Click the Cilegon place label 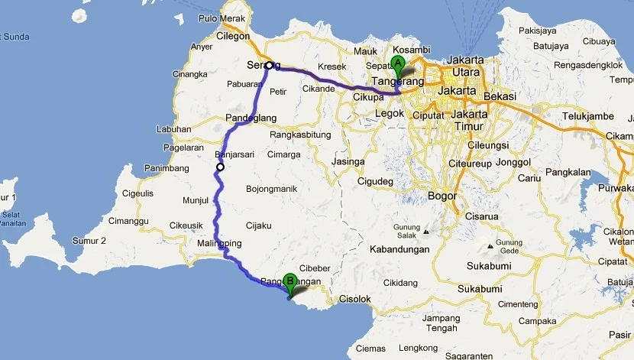point(232,36)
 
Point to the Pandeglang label point(251,118)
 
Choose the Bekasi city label point(499,96)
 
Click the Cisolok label point(354,299)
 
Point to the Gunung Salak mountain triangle point(426,231)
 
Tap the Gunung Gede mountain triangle point(489,247)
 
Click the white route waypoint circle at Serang point(270,66)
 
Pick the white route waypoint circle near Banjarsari point(220,167)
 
